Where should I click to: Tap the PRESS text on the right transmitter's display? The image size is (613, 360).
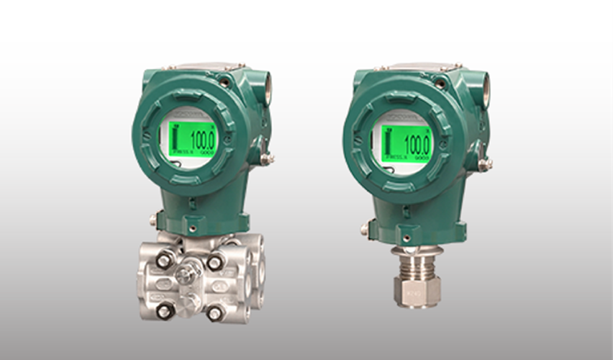pos(395,156)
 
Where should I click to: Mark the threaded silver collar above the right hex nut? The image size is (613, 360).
pos(417,260)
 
